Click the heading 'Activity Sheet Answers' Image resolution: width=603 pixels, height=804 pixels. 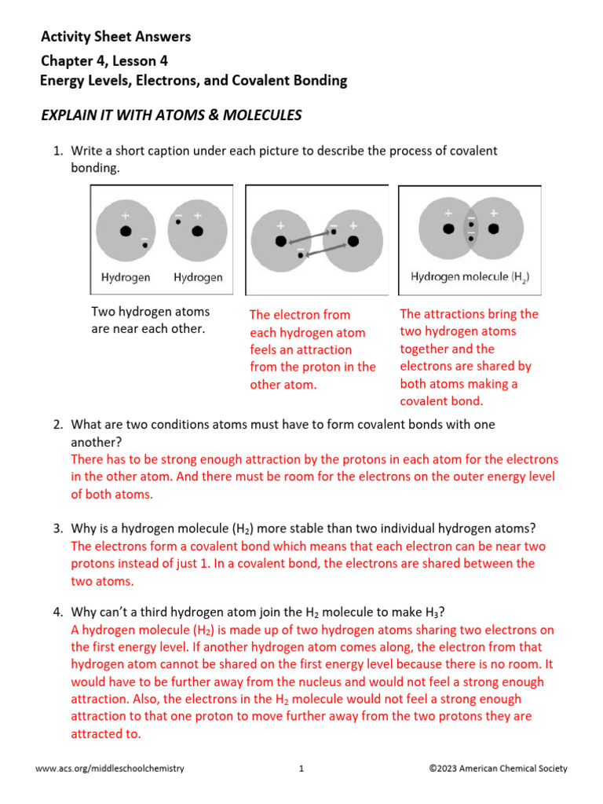(115, 37)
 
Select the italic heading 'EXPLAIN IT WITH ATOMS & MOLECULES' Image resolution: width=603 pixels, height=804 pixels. (171, 115)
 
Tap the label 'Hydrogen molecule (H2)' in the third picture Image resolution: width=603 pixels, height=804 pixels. (470, 277)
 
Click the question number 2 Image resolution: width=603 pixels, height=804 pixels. (58, 425)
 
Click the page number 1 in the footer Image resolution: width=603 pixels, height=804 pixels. (301, 769)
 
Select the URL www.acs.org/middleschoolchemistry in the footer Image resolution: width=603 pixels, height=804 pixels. (110, 769)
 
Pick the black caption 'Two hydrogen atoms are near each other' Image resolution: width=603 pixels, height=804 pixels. (150, 320)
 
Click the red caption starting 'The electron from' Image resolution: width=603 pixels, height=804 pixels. (312, 349)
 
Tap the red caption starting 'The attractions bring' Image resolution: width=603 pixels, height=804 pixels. (469, 357)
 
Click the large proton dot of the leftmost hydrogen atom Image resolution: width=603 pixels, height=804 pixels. (125, 232)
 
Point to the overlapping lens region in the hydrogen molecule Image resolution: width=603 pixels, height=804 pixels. (470, 228)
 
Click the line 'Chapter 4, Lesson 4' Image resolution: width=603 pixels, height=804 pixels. (104, 60)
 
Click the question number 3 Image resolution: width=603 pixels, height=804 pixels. (58, 528)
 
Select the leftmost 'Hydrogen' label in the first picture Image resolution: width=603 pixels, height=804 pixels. (126, 277)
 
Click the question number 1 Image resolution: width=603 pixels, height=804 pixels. (58, 151)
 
